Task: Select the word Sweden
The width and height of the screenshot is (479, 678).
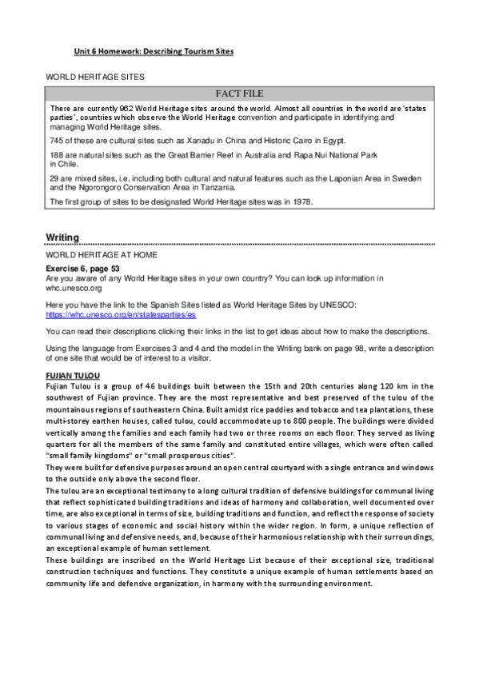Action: pyautogui.click(x=407, y=177)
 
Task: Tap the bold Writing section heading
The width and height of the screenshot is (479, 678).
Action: pyautogui.click(x=62, y=237)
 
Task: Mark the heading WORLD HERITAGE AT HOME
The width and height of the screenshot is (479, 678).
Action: pyautogui.click(x=102, y=254)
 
